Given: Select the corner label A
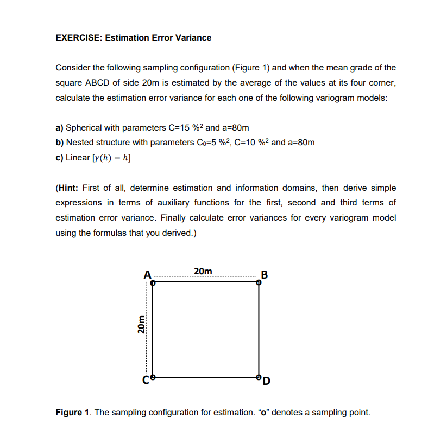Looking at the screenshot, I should click(147, 274).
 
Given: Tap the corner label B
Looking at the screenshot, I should click(264, 274).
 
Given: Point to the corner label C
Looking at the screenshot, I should click(146, 379).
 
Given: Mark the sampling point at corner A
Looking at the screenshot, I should click(153, 282).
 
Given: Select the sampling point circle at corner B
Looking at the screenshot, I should click(259, 282).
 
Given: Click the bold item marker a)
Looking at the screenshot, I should click(60, 128).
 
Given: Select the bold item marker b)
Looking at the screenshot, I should click(60, 143).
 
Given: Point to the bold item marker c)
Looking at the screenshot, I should click(60, 158).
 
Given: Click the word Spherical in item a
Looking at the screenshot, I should click(84, 128).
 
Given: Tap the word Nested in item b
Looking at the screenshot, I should click(79, 143).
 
